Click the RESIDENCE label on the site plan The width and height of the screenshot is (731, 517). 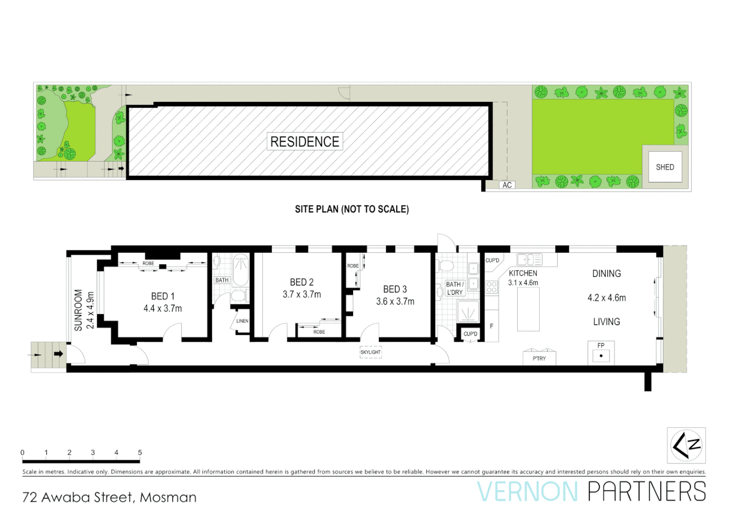[305, 142]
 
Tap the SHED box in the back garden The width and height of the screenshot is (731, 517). [665, 167]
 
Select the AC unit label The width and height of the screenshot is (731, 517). [507, 185]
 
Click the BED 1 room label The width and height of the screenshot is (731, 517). [163, 296]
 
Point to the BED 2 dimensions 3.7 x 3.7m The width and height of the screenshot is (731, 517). [302, 294]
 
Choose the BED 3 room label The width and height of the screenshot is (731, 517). [395, 289]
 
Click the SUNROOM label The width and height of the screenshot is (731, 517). [78, 310]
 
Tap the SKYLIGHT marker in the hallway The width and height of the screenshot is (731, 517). [371, 352]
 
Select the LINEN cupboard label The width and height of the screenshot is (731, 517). [242, 321]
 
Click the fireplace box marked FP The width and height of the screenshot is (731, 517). [601, 353]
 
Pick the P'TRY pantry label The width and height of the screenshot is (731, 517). [539, 359]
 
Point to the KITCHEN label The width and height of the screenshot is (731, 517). [523, 273]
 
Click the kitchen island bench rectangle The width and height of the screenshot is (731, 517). [528, 309]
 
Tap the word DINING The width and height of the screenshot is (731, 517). [607, 274]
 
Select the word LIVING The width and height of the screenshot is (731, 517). [607, 322]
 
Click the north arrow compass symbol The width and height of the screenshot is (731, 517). [687, 445]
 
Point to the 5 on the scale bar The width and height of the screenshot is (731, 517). [140, 452]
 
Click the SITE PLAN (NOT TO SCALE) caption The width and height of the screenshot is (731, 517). [352, 209]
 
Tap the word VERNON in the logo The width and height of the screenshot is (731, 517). [527, 492]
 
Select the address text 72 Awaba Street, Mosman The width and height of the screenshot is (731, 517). [110, 497]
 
